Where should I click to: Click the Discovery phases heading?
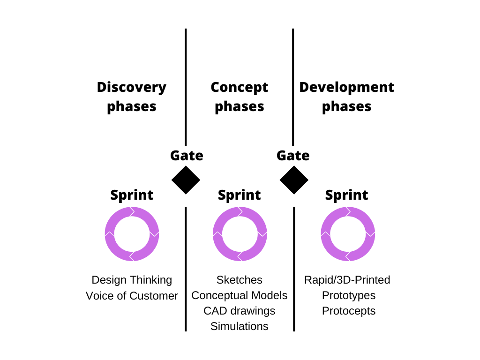point(132,97)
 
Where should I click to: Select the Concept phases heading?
point(239,97)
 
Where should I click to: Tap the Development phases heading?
point(346,97)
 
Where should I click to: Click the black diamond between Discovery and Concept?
point(186,180)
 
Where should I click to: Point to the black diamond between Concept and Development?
point(294,180)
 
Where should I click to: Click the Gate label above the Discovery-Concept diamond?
point(187,155)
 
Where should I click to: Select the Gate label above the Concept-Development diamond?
point(293,155)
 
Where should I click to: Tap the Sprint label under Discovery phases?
point(132,195)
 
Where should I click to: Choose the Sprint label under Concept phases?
point(240,195)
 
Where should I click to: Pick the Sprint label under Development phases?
point(347,195)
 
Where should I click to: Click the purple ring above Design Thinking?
point(132,233)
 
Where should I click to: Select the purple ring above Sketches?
point(240,233)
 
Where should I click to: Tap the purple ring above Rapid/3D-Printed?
point(348,233)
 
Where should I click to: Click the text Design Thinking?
point(132,280)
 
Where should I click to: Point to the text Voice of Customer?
point(132,296)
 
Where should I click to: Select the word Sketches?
point(239,280)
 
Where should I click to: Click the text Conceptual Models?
point(239,295)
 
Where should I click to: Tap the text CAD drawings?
point(239,311)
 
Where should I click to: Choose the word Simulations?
point(239,326)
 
